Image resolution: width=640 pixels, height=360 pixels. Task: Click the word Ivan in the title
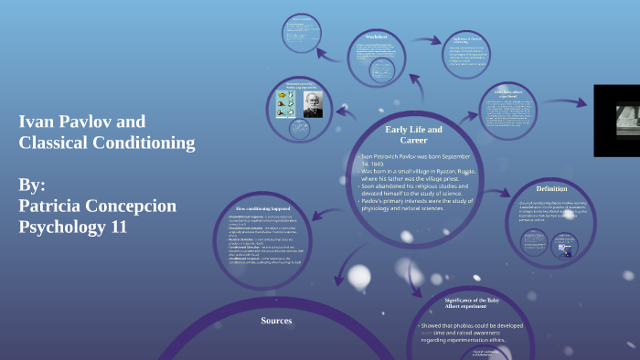pos(37,122)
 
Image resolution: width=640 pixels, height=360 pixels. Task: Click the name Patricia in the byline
pos(57,206)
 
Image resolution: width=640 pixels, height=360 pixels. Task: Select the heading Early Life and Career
pos(413,134)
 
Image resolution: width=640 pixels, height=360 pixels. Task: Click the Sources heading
pos(276,321)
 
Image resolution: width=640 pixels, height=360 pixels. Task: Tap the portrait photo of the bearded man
pos(312,103)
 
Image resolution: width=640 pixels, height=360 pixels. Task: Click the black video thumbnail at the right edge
pos(618,120)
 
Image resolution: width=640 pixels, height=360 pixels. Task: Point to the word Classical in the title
pos(54,143)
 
